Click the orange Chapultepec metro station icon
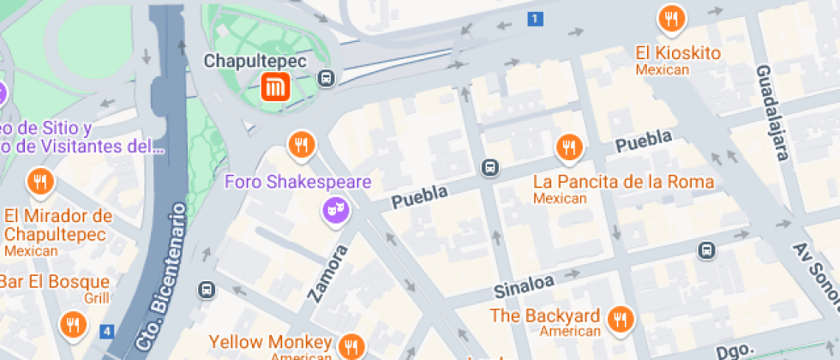(276, 86)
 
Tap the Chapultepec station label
(255, 61)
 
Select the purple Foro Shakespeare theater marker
(334, 209)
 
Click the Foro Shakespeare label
(297, 182)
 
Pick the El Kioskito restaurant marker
(670, 19)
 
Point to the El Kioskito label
(677, 53)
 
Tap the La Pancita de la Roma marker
(567, 148)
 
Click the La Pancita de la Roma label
(623, 182)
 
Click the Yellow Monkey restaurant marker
(351, 346)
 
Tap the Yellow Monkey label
(270, 342)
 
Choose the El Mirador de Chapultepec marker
(40, 182)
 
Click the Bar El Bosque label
(55, 281)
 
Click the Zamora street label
(328, 273)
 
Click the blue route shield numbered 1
(536, 19)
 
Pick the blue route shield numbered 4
(106, 331)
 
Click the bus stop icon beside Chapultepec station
(326, 79)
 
